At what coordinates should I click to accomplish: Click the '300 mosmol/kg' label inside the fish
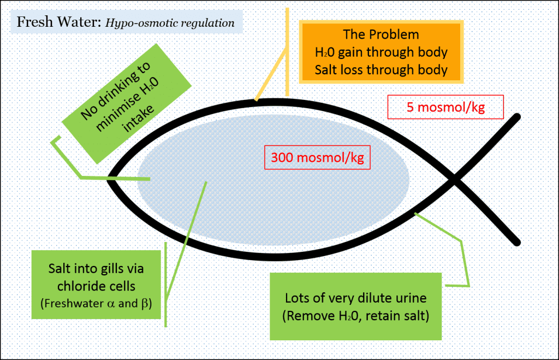point(317,158)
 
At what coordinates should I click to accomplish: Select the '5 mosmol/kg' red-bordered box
point(446,108)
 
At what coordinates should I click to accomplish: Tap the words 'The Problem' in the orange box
point(381,34)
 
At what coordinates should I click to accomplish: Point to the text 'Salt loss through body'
point(381,70)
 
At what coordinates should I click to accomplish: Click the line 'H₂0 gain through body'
point(381,52)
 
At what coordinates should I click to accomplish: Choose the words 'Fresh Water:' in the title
point(50,23)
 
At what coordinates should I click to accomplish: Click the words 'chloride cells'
point(96,286)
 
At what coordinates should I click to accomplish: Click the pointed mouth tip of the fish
point(109,178)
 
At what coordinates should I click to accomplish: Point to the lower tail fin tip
point(516,240)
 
